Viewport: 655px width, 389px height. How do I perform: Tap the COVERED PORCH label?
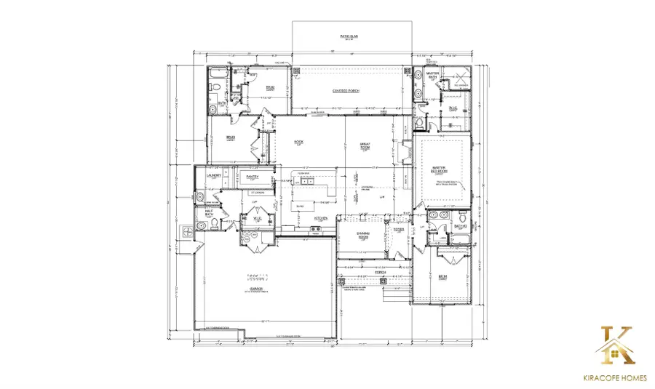click(x=346, y=91)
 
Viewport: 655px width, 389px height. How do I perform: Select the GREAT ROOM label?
click(x=365, y=146)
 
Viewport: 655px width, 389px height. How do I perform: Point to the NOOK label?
click(x=298, y=143)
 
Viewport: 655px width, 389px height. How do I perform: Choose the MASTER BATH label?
click(x=432, y=76)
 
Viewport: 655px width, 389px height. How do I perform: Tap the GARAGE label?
click(x=255, y=289)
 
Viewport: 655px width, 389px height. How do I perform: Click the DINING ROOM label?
click(x=365, y=234)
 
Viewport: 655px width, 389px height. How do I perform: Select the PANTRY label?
click(x=253, y=176)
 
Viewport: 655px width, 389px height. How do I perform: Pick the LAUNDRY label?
click(x=214, y=176)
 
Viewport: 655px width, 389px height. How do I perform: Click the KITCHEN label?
click(x=319, y=217)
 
